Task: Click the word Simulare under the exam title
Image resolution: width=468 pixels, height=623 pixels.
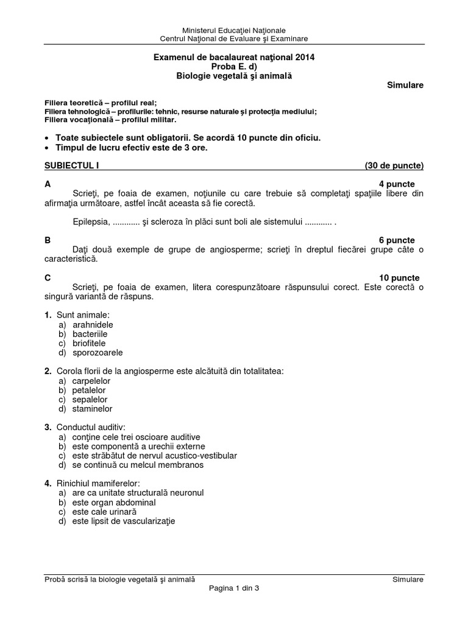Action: point(405,85)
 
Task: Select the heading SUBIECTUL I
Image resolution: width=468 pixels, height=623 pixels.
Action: point(71,165)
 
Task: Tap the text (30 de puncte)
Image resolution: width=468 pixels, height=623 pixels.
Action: point(394,165)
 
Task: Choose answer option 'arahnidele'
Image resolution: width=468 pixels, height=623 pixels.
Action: point(93,324)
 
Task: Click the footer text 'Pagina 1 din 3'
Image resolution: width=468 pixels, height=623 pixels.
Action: point(234,589)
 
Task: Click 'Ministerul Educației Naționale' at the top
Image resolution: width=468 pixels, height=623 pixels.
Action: point(234,30)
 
